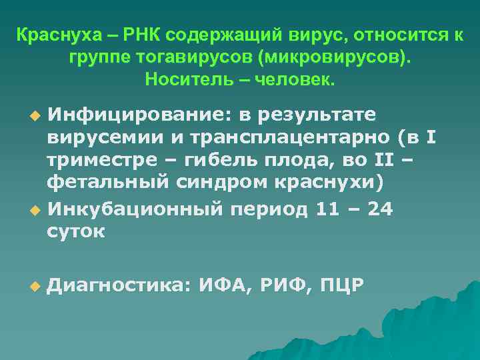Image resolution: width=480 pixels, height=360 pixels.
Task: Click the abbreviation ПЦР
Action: pos(341,286)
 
